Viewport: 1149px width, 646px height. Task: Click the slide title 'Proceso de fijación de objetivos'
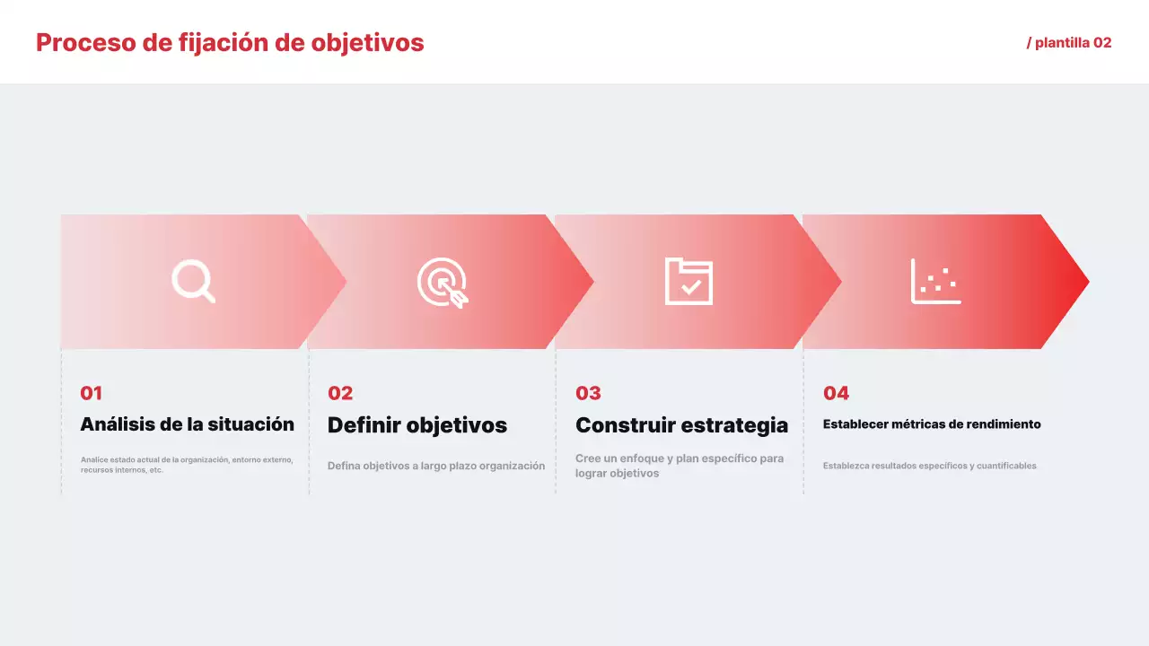(x=230, y=42)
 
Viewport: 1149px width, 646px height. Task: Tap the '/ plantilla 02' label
(x=1069, y=42)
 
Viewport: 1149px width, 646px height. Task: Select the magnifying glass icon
(x=193, y=281)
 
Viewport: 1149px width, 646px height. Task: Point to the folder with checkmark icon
(x=689, y=281)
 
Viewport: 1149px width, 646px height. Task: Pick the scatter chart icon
(x=935, y=281)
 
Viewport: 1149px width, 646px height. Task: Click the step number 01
(x=92, y=393)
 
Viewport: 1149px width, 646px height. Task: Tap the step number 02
(x=340, y=393)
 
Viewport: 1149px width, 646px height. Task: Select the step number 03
(x=588, y=393)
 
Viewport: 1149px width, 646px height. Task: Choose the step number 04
(x=836, y=393)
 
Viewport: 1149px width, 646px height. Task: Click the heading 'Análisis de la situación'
(x=187, y=424)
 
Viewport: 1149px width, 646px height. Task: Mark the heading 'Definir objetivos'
(x=417, y=425)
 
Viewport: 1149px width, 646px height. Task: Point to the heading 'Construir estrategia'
(x=681, y=425)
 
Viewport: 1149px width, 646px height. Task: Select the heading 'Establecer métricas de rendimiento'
(x=932, y=424)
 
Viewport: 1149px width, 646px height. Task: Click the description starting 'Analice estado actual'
(x=187, y=465)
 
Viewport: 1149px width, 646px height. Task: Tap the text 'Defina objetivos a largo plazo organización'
(x=436, y=466)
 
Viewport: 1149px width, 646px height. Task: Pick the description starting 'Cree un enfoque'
(x=680, y=466)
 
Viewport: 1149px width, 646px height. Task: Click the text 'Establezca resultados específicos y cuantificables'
(x=930, y=466)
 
